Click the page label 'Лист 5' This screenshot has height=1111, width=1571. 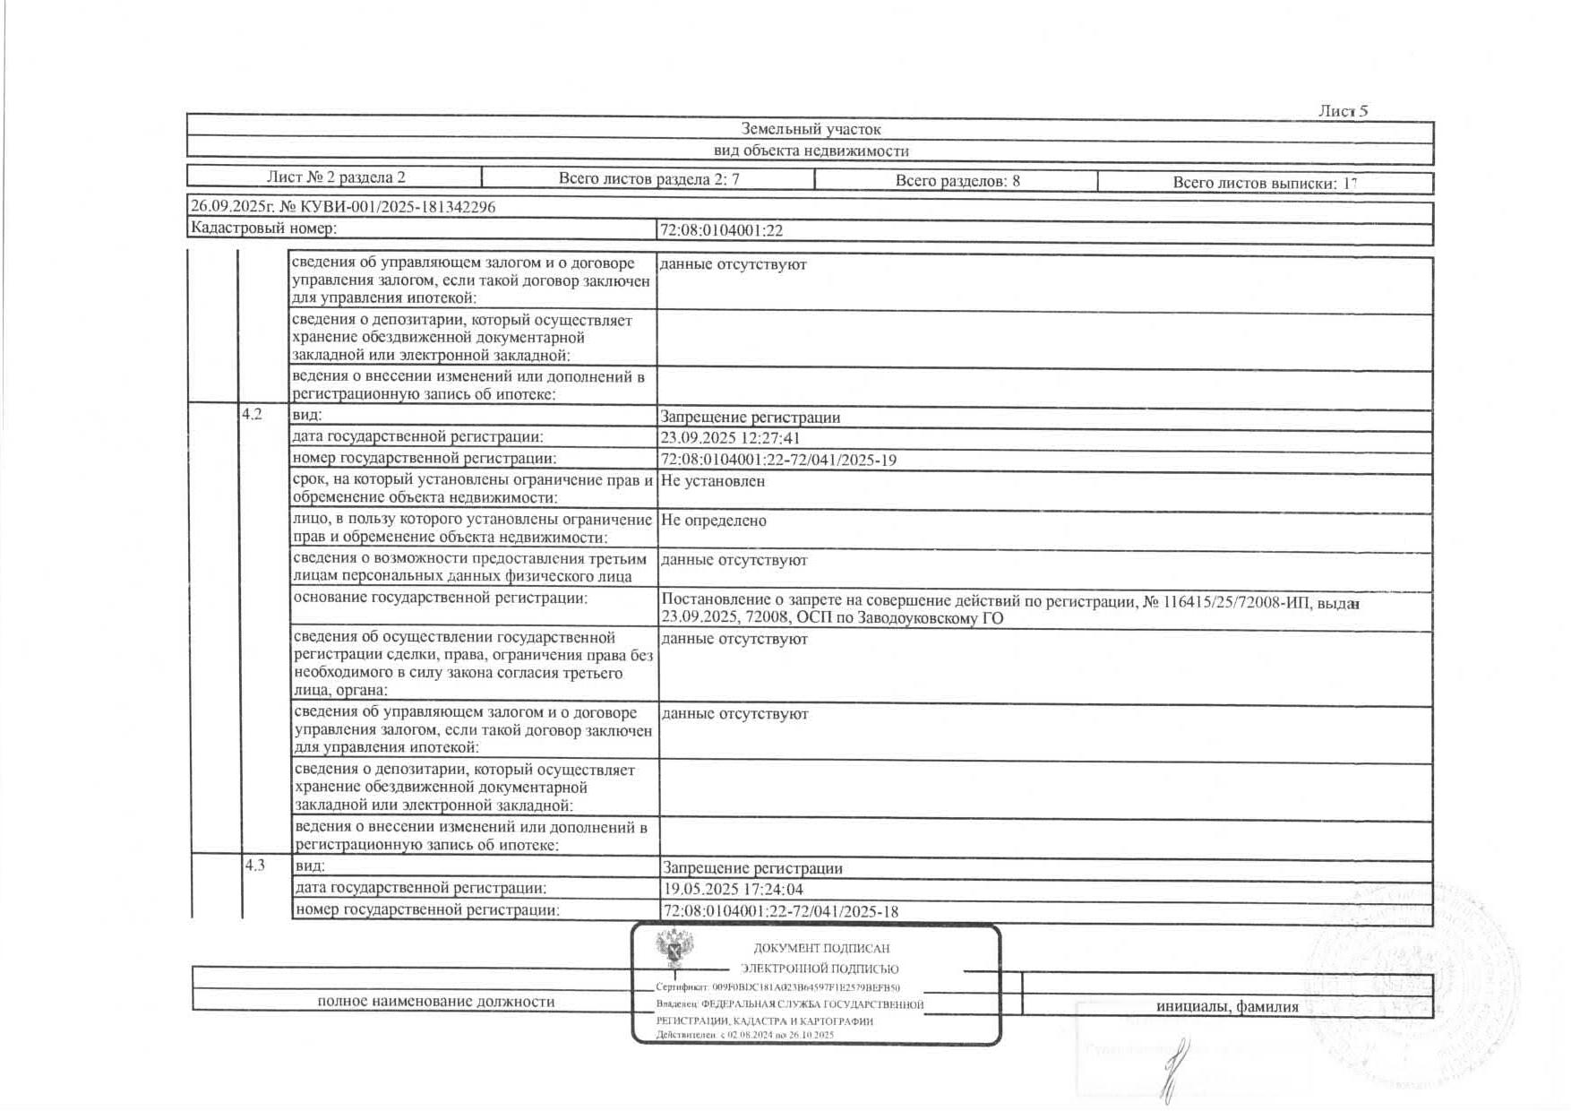[x=1343, y=111]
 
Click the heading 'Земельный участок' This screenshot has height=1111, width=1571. [x=811, y=130]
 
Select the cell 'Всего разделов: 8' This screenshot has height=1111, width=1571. [x=957, y=181]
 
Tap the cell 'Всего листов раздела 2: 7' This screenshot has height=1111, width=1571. [x=648, y=179]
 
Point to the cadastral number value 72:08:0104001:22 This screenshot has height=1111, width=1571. [x=721, y=230]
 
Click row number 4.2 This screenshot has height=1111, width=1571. [x=253, y=415]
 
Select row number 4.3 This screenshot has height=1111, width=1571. [x=255, y=866]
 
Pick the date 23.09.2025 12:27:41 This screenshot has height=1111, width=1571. [x=730, y=438]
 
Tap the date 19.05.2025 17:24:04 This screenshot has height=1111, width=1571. [x=733, y=890]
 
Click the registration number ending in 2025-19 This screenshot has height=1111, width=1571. [x=778, y=461]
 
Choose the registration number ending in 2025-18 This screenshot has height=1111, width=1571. [x=780, y=912]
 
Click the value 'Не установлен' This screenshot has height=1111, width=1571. [x=713, y=481]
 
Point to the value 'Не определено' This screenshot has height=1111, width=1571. [x=713, y=521]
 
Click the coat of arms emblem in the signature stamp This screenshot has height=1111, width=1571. [x=674, y=950]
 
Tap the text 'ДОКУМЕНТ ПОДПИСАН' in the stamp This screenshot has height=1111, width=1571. [x=821, y=948]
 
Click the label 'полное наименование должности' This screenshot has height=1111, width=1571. [x=436, y=1002]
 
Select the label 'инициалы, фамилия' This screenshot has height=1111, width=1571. [x=1227, y=1006]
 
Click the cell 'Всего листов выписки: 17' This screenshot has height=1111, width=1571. [x=1265, y=183]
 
